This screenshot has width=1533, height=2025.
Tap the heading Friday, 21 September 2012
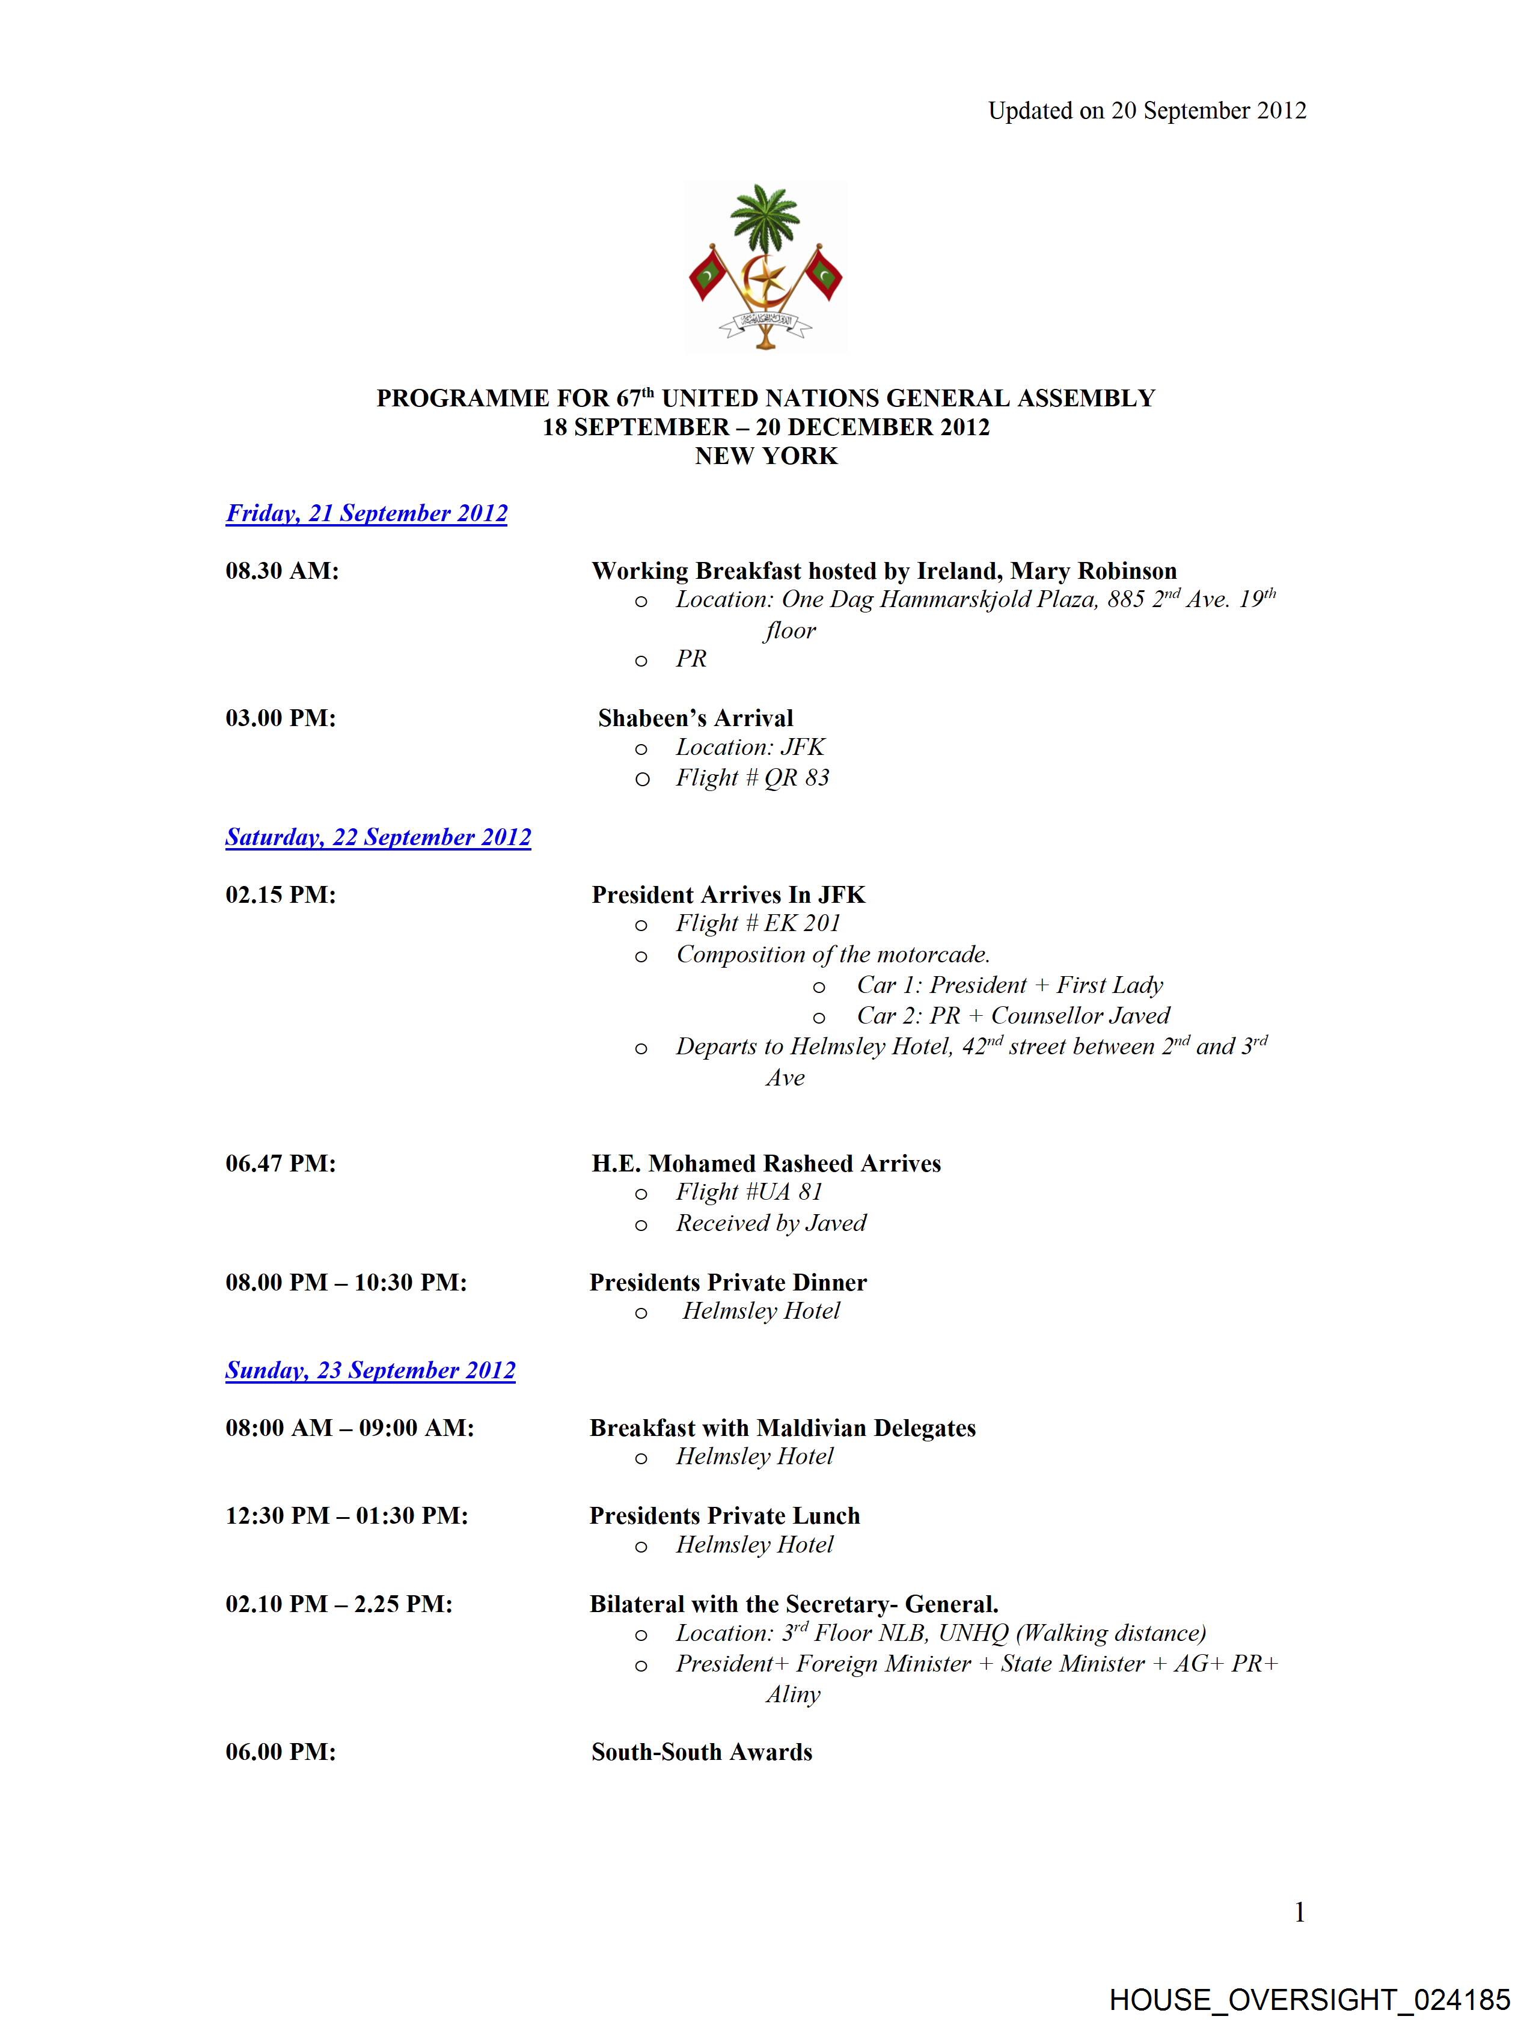366,513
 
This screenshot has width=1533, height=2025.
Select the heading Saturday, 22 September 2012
378,838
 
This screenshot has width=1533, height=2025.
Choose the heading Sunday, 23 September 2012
370,1370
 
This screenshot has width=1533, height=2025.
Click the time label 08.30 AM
282,571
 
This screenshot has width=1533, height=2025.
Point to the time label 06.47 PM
280,1164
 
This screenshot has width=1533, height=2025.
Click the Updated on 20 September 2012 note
1146,111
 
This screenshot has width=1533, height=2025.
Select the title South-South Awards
702,1752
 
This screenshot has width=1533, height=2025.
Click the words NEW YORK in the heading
765,456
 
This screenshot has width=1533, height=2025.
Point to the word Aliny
793,1694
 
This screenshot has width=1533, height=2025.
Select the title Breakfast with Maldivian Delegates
782,1428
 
